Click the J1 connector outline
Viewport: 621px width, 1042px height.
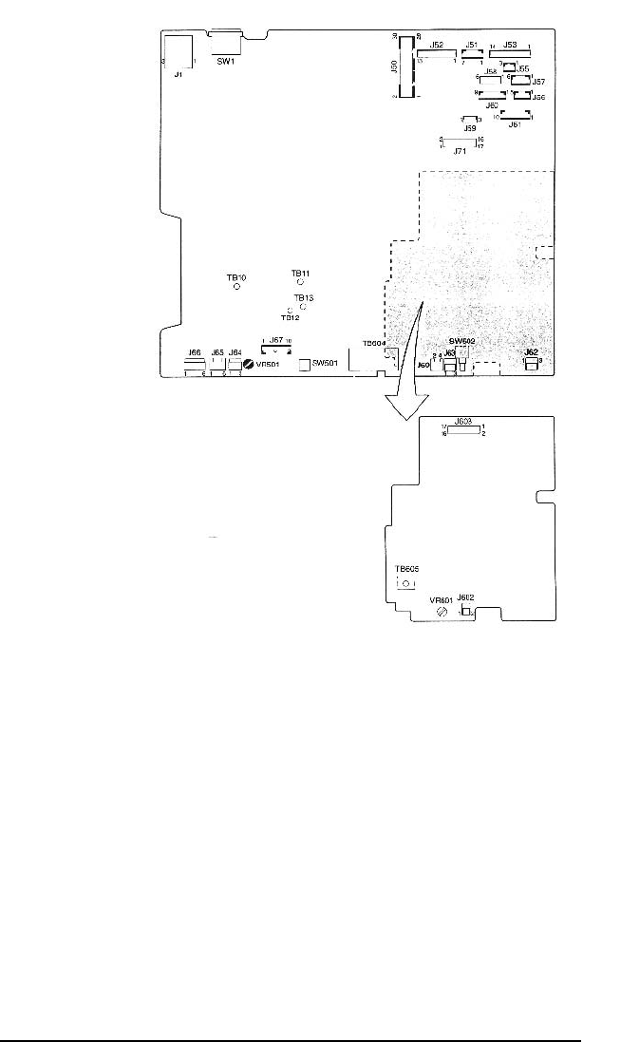(x=179, y=52)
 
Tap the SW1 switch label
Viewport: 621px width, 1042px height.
(x=225, y=63)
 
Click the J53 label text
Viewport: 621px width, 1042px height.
(x=510, y=45)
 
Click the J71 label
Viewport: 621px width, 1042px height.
(x=460, y=150)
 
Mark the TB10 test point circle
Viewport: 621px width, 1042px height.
(x=236, y=287)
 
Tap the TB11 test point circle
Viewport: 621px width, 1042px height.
(x=300, y=282)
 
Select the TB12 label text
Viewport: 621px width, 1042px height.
(x=290, y=318)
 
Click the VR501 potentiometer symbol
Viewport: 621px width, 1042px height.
(x=249, y=363)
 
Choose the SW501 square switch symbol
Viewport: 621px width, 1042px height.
(x=305, y=364)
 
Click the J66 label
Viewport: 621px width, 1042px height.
(x=195, y=352)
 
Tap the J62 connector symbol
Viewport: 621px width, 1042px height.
(x=531, y=364)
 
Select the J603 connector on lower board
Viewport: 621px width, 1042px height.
(x=463, y=430)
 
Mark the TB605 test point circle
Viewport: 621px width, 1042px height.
(x=406, y=583)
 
